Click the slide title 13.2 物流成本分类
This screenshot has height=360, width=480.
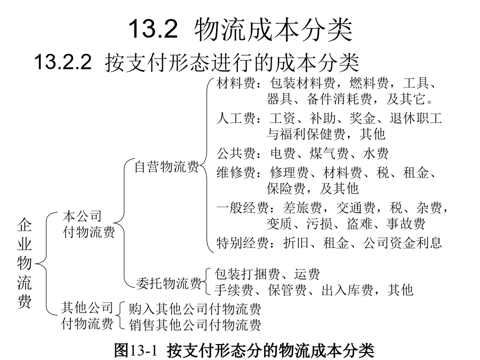[241, 29]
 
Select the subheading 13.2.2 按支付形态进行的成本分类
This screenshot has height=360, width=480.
[196, 62]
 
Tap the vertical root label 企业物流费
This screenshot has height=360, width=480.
[25, 263]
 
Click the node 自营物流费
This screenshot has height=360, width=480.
[167, 167]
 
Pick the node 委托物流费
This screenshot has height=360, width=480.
[169, 283]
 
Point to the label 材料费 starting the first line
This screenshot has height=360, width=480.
[236, 83]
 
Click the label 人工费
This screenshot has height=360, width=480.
[236, 118]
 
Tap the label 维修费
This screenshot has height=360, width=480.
[236, 173]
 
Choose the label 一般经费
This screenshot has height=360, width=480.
[243, 208]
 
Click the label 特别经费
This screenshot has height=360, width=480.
[243, 243]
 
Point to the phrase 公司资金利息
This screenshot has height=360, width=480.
[403, 243]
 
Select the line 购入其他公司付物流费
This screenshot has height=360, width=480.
[195, 309]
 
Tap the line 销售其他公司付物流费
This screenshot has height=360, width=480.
[195, 324]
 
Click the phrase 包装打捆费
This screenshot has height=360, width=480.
[247, 274]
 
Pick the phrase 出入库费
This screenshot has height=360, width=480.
[347, 290]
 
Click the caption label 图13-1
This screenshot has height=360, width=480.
[135, 350]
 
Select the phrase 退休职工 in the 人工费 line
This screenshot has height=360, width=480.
[415, 118]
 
